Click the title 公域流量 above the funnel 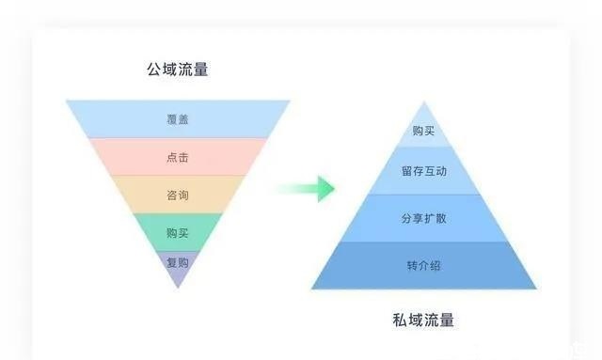point(177,69)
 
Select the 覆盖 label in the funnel point(177,119)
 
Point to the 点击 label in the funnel point(177,158)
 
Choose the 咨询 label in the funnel point(177,196)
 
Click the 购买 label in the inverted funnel point(177,232)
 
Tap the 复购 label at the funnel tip point(177,262)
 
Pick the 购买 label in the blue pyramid point(424,131)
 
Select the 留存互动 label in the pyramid point(424,172)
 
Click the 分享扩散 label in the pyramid point(424,219)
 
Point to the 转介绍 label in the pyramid point(424,265)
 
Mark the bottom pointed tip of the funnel point(177,286)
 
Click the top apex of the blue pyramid point(424,102)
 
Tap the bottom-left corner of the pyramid point(312,289)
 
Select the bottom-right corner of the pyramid point(536,289)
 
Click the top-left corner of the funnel point(66,101)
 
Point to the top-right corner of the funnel point(290,101)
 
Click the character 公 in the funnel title point(153,69)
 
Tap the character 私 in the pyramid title point(400,320)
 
